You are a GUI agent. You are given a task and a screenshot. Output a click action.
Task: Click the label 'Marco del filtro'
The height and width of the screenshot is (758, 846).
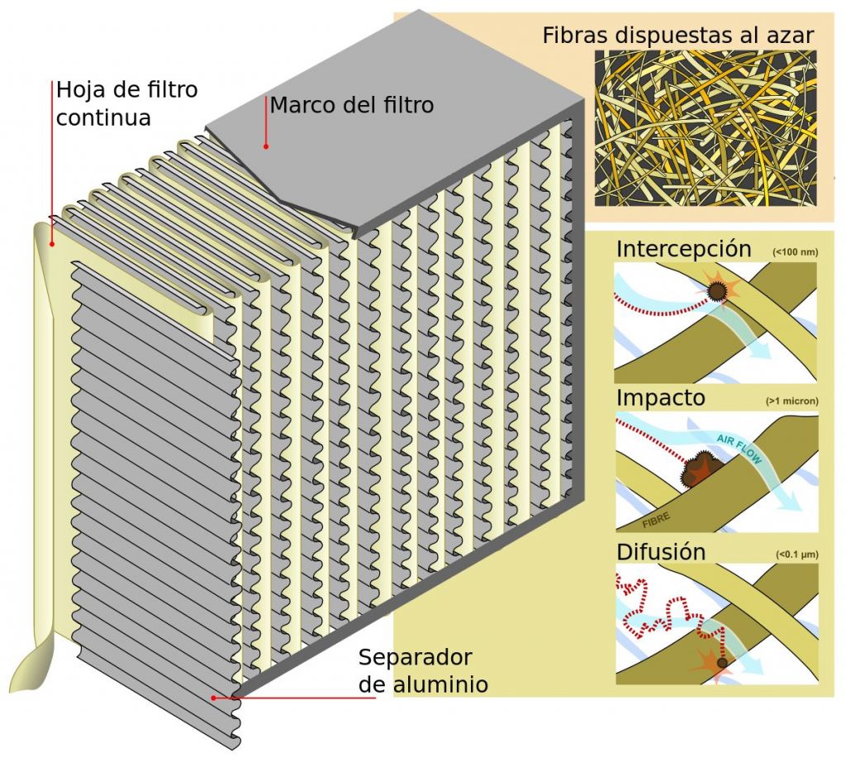[351, 106]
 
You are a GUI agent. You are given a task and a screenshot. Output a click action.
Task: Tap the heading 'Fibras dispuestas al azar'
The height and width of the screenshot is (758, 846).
[678, 36]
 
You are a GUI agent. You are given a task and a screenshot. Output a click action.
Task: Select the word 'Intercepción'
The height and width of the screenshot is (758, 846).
[683, 249]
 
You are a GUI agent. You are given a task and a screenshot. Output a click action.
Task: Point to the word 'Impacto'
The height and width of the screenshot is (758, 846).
[661, 398]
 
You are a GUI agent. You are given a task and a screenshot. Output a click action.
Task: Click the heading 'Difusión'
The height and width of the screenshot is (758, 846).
[661, 551]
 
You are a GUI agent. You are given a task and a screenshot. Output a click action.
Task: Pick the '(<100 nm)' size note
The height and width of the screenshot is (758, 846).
[794, 251]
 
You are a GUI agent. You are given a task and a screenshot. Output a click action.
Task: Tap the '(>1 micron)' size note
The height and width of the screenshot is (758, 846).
[791, 402]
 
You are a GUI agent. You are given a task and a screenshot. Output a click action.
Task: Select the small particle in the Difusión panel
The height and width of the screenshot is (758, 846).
[723, 662]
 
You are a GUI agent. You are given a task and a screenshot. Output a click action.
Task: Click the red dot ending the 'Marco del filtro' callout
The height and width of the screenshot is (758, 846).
[266, 146]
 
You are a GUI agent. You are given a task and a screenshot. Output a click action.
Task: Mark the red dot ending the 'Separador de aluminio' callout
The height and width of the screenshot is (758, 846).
[214, 698]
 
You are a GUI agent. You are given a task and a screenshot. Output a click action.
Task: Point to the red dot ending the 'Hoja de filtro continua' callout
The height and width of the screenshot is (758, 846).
[52, 244]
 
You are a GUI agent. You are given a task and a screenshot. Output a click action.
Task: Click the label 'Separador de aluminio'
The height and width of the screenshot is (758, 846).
[421, 671]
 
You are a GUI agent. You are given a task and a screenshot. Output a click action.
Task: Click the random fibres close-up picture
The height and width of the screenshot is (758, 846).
[705, 128]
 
